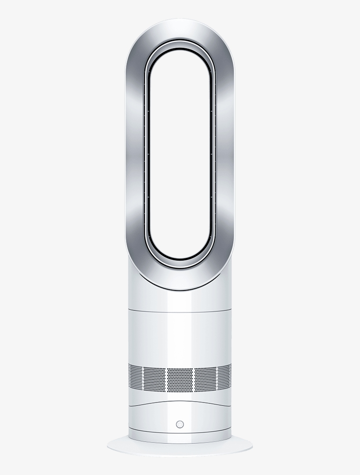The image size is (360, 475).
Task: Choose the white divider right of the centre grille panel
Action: click(x=193, y=379)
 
